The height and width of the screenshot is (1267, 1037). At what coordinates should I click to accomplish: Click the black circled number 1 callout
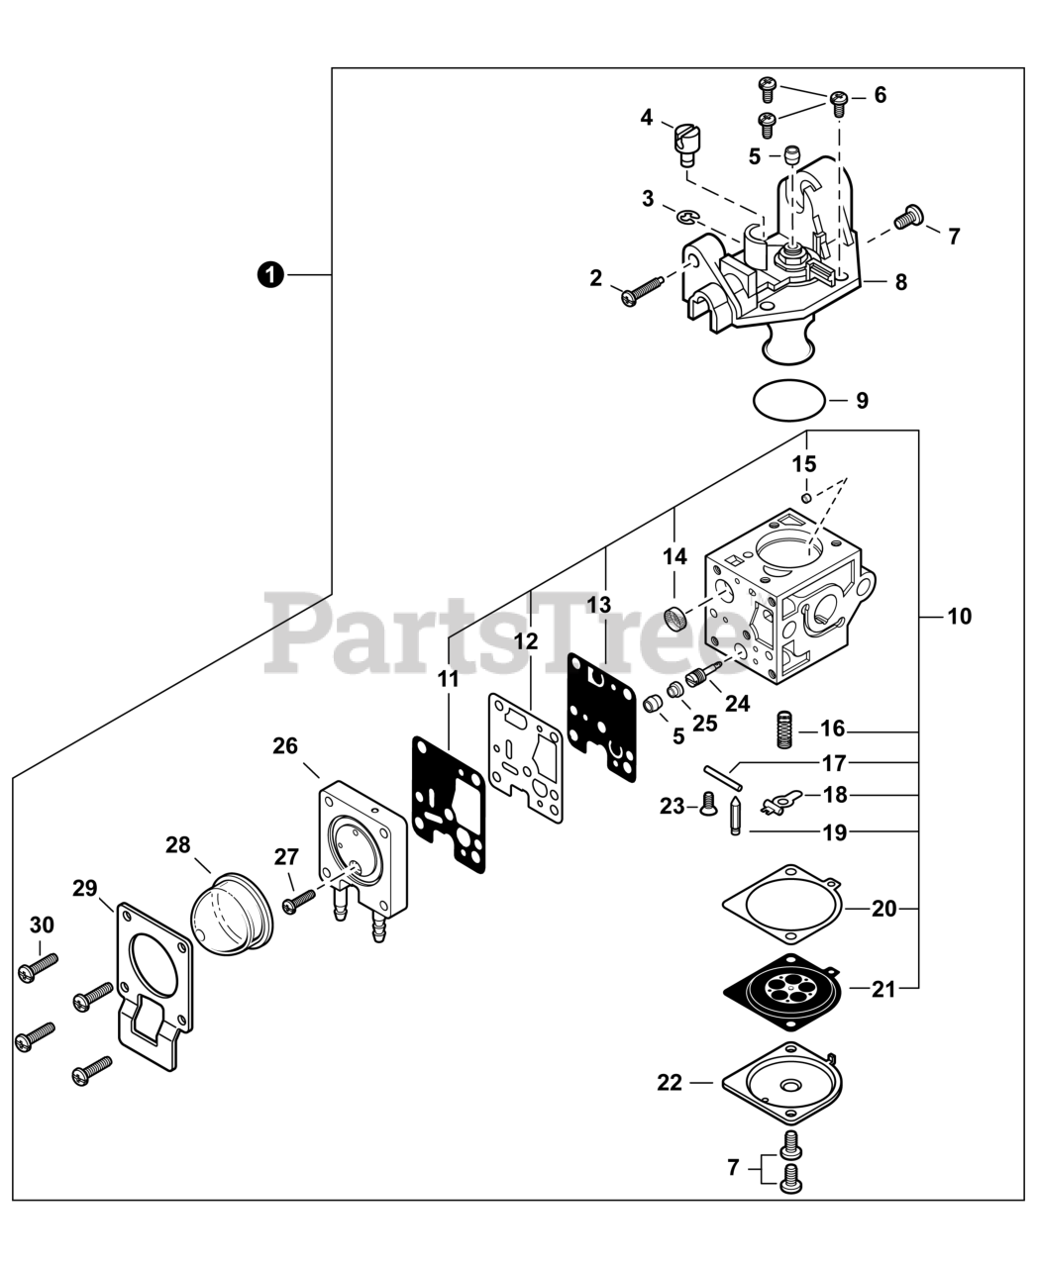point(268,274)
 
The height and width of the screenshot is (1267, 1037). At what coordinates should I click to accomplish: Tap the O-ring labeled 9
point(787,401)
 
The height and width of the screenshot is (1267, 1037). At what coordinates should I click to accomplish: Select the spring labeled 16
point(783,731)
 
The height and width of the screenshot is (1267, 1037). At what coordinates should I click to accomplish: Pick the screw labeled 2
point(642,289)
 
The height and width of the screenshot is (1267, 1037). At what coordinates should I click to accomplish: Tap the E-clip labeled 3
point(687,215)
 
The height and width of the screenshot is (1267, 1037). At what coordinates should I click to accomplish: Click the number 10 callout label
point(959,617)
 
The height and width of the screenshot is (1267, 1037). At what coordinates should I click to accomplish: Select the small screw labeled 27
point(299,901)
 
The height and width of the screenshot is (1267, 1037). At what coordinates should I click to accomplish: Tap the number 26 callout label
point(285,746)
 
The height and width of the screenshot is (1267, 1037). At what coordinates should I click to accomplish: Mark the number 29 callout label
point(85,888)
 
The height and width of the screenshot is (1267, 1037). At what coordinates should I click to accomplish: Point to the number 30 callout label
point(42,926)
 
